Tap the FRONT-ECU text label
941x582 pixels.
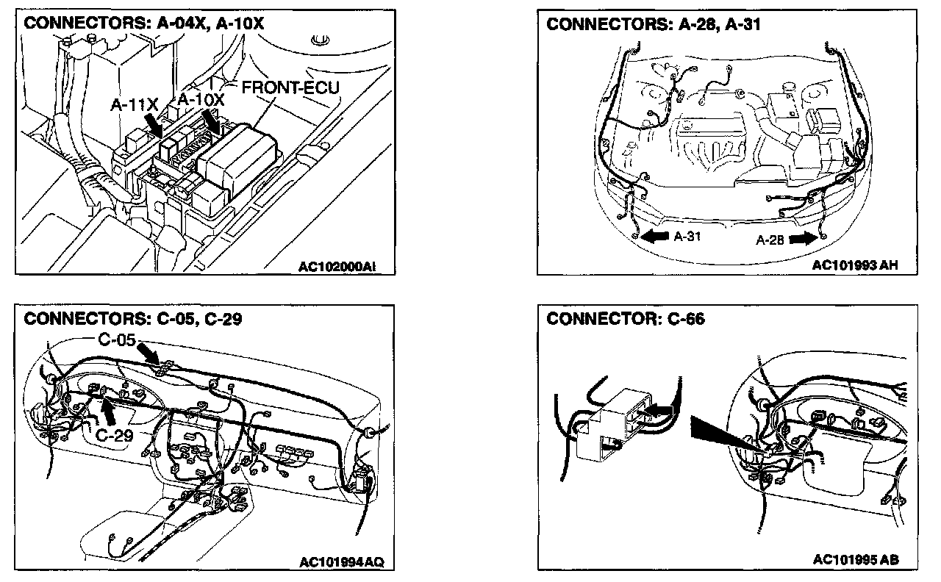[x=290, y=88]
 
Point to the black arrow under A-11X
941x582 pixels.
[x=154, y=123]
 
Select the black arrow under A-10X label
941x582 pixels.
[x=213, y=121]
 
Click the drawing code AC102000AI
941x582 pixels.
[x=337, y=268]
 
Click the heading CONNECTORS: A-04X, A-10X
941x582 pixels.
[x=144, y=24]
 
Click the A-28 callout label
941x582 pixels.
[x=770, y=239]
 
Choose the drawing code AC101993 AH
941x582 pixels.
[x=855, y=265]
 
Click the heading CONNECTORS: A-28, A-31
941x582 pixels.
[x=654, y=24]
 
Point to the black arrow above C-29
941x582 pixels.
[x=108, y=409]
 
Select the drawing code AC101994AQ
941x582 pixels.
[x=341, y=562]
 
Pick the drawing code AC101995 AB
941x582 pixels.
[x=855, y=560]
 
